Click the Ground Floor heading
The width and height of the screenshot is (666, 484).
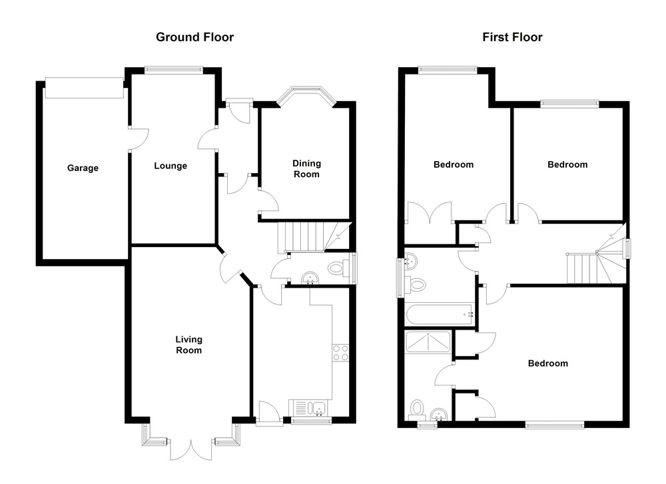[x=194, y=37]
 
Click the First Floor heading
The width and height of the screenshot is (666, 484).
[x=512, y=37]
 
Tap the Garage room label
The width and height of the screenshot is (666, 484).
[x=83, y=168]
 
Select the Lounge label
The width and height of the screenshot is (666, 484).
[x=170, y=166]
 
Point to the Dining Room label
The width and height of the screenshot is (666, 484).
[x=306, y=168]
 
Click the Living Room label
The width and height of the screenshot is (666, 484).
[x=188, y=345]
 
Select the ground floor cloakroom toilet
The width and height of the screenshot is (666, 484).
[x=337, y=268]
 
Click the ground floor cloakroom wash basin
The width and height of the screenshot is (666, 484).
[x=310, y=278]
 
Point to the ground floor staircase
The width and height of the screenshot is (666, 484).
[x=314, y=237]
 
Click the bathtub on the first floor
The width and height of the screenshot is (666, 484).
[x=439, y=315]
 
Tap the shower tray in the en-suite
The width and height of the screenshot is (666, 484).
[x=428, y=342]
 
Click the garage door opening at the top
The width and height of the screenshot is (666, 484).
[x=84, y=88]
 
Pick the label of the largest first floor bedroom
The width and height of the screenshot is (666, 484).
[x=548, y=363]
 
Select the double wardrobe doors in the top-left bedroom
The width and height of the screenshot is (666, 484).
[x=430, y=212]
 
